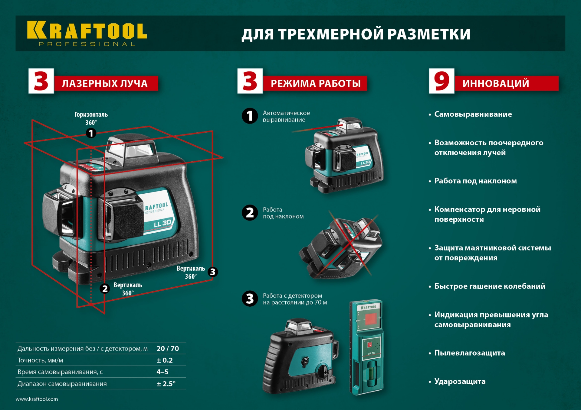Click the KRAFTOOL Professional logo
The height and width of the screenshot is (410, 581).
point(87,33)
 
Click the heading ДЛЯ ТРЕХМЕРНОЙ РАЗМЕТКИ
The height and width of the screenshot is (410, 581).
point(356,34)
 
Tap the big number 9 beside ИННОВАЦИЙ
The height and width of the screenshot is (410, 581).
point(441,81)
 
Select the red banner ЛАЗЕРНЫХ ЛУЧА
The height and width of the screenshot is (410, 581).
point(106,83)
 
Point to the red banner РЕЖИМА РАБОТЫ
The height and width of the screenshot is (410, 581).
point(315,83)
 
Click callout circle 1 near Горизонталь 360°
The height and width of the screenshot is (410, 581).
point(91,133)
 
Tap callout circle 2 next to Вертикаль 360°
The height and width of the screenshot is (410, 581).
point(105,289)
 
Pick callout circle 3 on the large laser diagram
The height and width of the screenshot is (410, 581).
point(213,272)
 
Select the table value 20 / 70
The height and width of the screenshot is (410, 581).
point(168,348)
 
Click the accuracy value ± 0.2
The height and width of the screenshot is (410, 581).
point(165,360)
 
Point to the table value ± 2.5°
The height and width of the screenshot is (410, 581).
point(166,384)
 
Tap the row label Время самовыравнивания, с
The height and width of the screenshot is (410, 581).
point(60,372)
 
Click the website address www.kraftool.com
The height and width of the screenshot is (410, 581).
point(37,399)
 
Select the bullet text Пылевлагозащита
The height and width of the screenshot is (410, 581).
point(469,353)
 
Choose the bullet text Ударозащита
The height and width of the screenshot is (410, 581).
point(460,381)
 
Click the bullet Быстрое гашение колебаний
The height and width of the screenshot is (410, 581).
point(490,286)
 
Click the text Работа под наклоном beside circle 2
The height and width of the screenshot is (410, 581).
point(283,213)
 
